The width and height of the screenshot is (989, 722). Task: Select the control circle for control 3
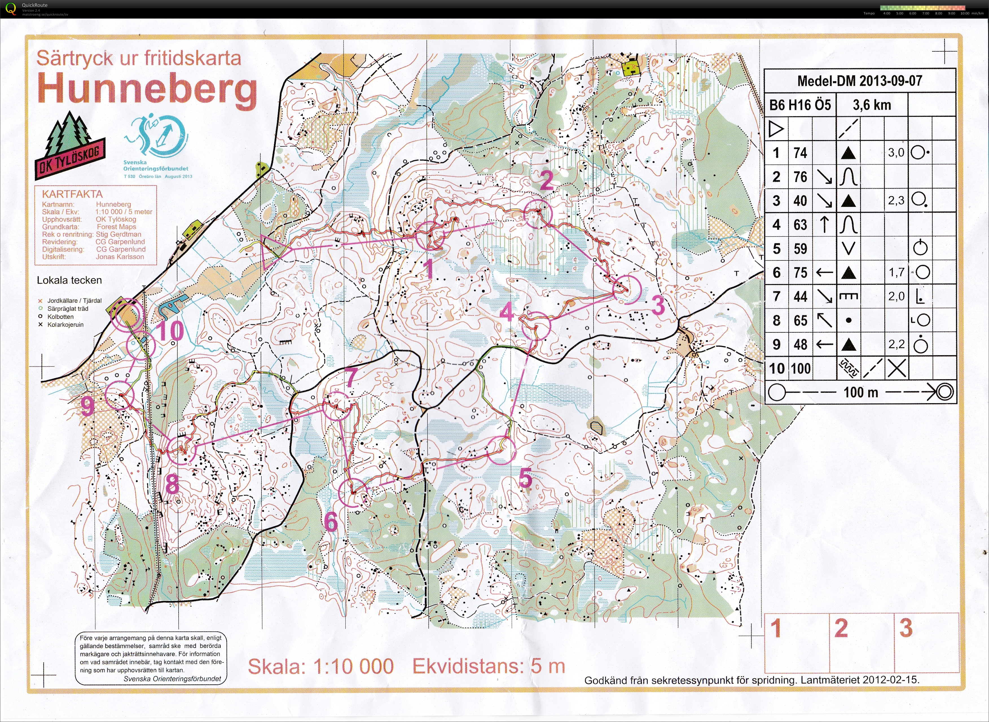pyautogui.click(x=627, y=289)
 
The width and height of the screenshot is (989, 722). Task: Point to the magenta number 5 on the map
pyautogui.click(x=526, y=478)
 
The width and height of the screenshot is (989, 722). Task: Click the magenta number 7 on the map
pyautogui.click(x=351, y=377)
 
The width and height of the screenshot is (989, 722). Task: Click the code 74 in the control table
pyautogui.click(x=800, y=153)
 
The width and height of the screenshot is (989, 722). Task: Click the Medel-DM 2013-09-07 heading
pyautogui.click(x=859, y=81)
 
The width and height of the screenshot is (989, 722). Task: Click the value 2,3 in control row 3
pyautogui.click(x=896, y=201)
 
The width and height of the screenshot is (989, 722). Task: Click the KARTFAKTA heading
pyautogui.click(x=72, y=194)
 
